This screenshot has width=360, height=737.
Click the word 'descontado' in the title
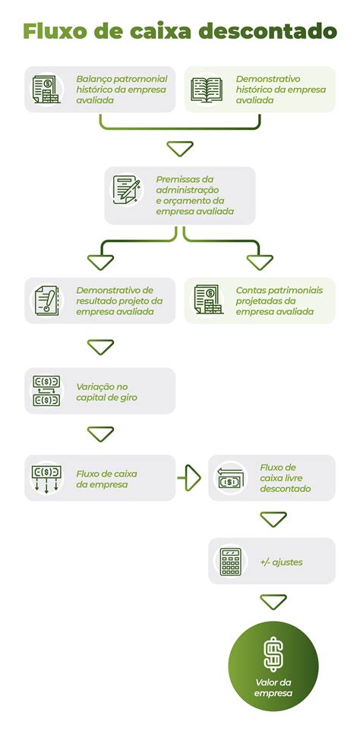(268, 31)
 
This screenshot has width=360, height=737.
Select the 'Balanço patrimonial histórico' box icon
(46, 89)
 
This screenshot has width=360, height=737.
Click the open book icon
(207, 89)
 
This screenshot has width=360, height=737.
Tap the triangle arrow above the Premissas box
(180, 149)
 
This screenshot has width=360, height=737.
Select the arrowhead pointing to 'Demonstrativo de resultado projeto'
(101, 263)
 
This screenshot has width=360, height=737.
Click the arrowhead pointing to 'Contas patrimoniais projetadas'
(260, 263)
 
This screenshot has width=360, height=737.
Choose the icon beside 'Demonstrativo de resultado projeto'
(47, 300)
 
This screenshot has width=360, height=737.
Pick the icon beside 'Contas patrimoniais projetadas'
(207, 300)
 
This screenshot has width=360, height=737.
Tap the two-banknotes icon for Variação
(46, 390)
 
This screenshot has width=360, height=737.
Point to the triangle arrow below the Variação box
(101, 434)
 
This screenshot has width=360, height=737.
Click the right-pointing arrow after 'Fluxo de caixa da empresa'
(190, 477)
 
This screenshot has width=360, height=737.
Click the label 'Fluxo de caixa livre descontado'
(285, 478)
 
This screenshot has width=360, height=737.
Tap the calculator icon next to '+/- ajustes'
(230, 561)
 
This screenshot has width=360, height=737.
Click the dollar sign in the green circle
(273, 655)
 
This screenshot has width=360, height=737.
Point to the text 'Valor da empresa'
(273, 688)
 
